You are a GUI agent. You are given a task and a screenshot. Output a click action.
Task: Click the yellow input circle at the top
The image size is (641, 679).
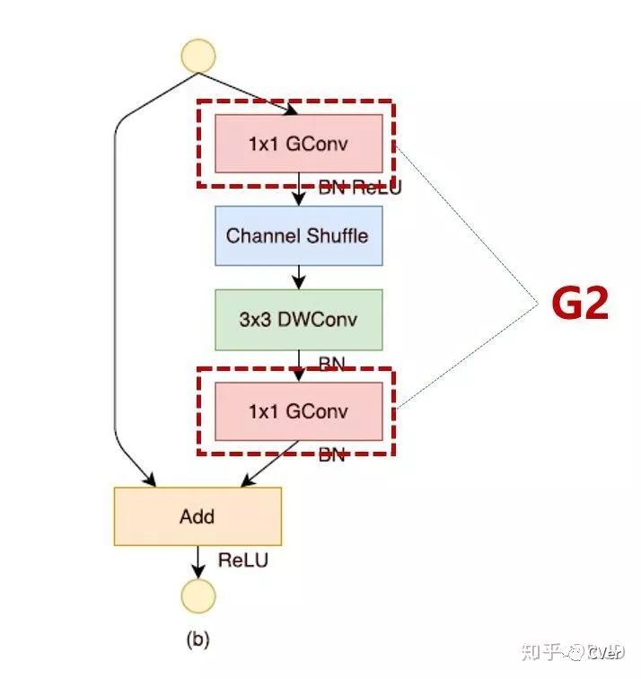coord(198,55)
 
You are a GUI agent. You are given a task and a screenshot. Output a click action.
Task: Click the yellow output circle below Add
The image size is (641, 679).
coord(198,595)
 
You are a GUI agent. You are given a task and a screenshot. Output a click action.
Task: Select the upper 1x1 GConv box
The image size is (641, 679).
coord(298,144)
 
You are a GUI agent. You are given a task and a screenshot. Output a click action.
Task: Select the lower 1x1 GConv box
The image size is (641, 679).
coord(298,411)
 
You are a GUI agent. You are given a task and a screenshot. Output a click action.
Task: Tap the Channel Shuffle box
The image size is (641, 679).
coord(298,236)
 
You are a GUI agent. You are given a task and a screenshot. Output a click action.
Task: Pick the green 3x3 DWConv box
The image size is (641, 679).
coord(298,320)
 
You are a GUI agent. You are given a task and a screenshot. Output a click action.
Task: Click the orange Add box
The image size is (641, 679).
coord(198,516)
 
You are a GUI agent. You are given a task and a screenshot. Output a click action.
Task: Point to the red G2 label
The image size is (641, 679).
coord(580,305)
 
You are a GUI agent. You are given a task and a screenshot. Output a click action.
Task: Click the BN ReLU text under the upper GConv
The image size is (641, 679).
coord(360,189)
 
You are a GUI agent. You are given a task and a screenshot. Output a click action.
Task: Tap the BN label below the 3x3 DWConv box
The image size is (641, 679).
coord(332,363)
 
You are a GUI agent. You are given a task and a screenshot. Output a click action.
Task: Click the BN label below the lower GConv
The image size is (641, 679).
coord(332,454)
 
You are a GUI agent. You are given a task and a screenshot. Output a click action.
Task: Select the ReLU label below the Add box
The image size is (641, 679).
coord(243,560)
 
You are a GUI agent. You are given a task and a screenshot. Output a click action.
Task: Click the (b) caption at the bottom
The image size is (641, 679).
coord(198,639)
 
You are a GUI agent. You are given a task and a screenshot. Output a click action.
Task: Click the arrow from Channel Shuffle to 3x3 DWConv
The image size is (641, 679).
coord(299,277)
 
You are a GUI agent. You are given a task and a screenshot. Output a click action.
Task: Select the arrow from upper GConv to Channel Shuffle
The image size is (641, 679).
coord(299,190)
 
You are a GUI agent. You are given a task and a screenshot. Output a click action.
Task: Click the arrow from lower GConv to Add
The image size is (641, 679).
coord(269,463)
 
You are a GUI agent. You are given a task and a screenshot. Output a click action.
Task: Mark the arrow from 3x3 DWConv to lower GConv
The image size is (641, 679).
coord(299,361)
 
